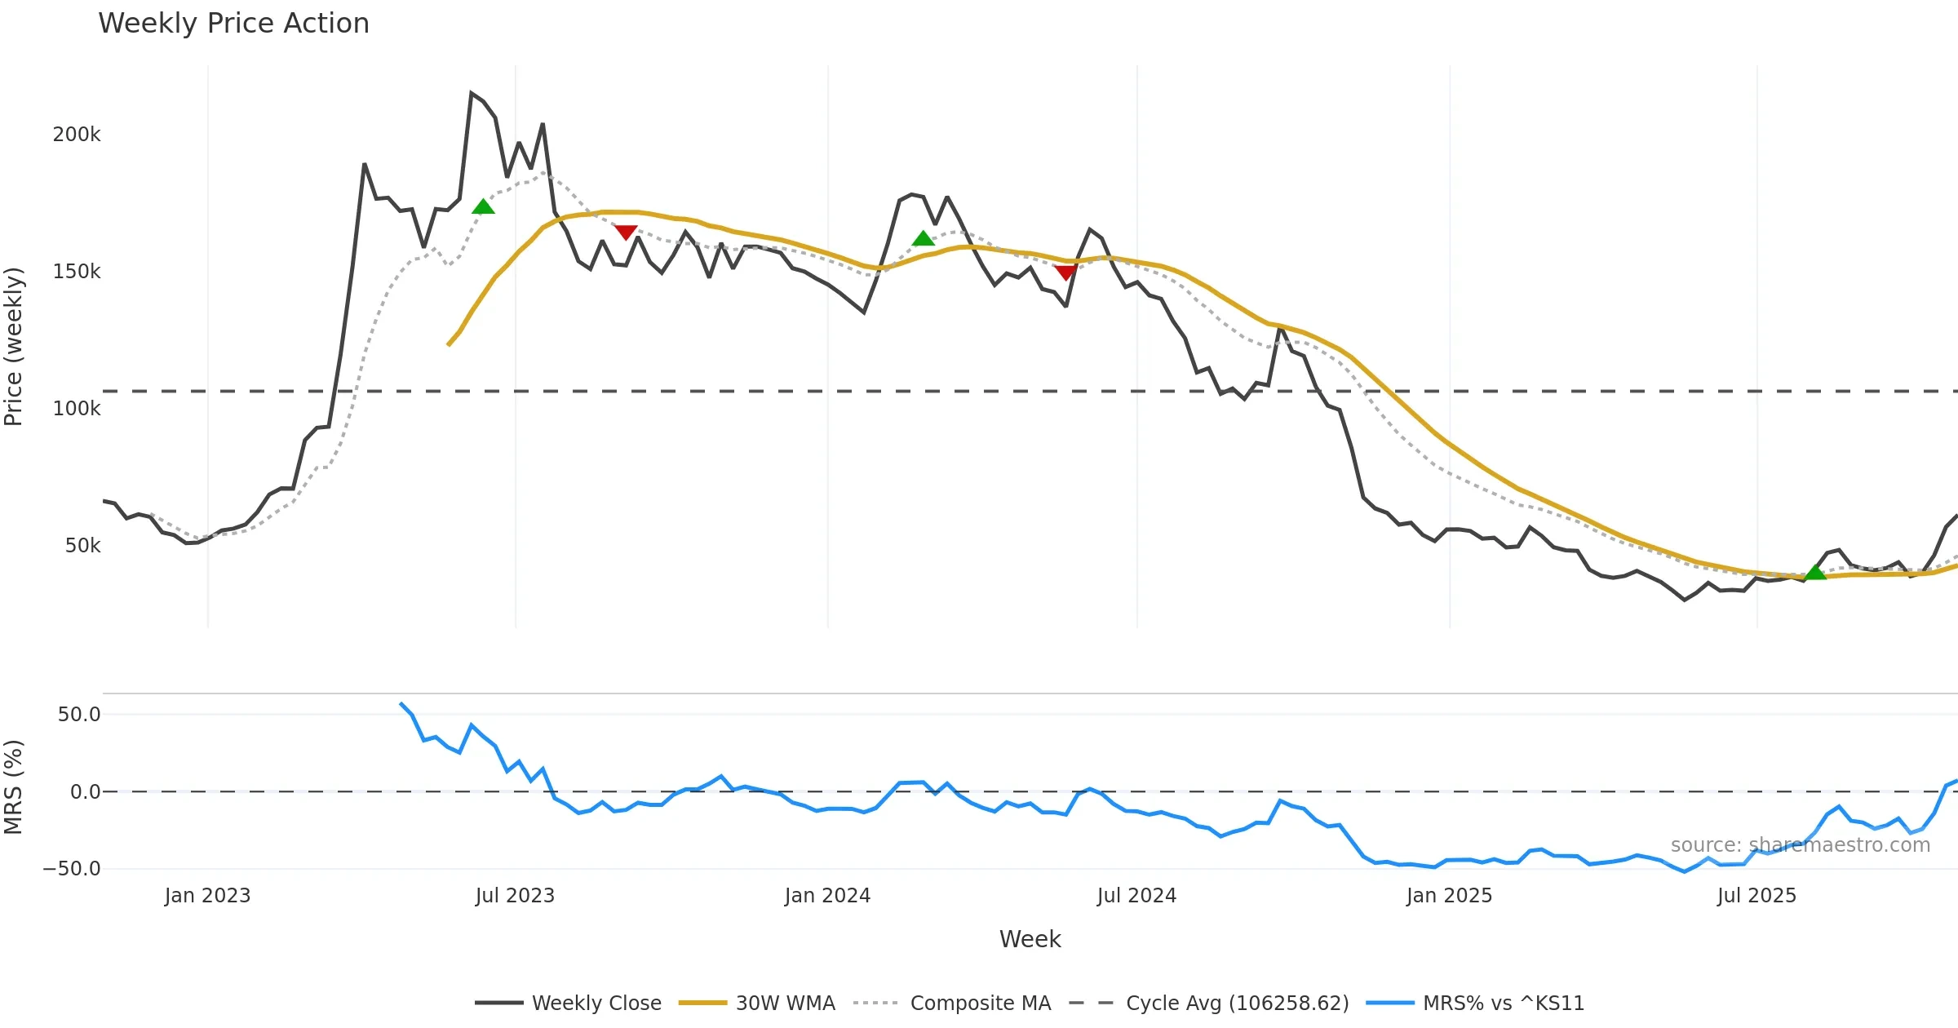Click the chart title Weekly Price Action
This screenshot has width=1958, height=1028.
point(233,24)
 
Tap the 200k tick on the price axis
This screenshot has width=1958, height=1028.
point(77,135)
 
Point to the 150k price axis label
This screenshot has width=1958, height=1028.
point(77,272)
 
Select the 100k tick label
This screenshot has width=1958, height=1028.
point(77,409)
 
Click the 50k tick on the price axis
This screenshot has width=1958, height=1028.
point(82,546)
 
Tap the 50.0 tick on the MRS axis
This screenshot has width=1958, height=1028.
point(79,715)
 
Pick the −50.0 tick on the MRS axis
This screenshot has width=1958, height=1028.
point(72,869)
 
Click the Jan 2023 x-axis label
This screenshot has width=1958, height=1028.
point(207,896)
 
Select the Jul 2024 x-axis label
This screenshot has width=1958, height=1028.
point(1136,896)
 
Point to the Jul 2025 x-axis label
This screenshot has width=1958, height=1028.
point(1756,896)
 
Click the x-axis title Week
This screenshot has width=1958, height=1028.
point(1030,940)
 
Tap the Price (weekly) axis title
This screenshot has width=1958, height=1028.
point(14,347)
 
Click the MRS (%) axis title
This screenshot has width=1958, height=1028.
point(14,787)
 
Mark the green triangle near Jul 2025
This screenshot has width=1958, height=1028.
point(1815,573)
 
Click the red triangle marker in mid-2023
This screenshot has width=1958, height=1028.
point(626,233)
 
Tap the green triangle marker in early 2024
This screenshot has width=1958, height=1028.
point(923,238)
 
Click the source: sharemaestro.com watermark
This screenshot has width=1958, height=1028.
point(1800,845)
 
